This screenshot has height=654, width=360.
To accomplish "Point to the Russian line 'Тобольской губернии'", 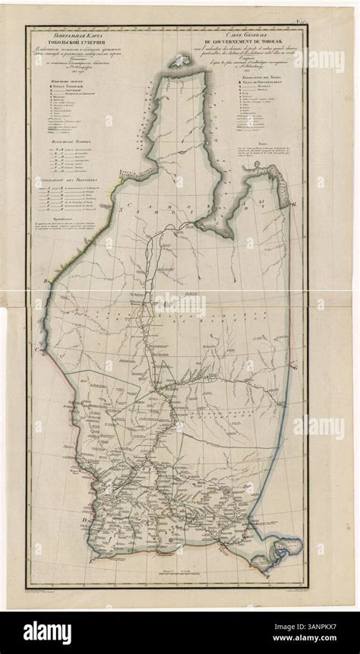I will (71, 41).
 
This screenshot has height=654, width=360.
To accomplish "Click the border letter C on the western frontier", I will (34, 346).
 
